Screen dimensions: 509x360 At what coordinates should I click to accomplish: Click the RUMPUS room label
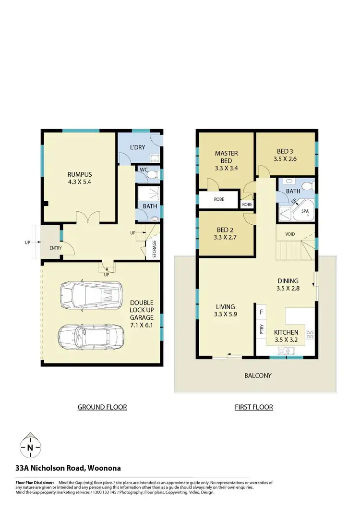[80, 178]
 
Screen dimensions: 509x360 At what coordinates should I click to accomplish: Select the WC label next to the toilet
[143, 170]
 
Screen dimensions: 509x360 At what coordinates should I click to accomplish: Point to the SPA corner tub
[304, 211]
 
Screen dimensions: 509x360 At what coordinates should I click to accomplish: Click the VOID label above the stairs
[290, 234]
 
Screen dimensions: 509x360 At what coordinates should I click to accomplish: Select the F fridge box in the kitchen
[261, 312]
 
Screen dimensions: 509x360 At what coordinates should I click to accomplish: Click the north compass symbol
[30, 448]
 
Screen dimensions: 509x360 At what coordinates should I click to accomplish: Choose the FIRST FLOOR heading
[253, 407]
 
